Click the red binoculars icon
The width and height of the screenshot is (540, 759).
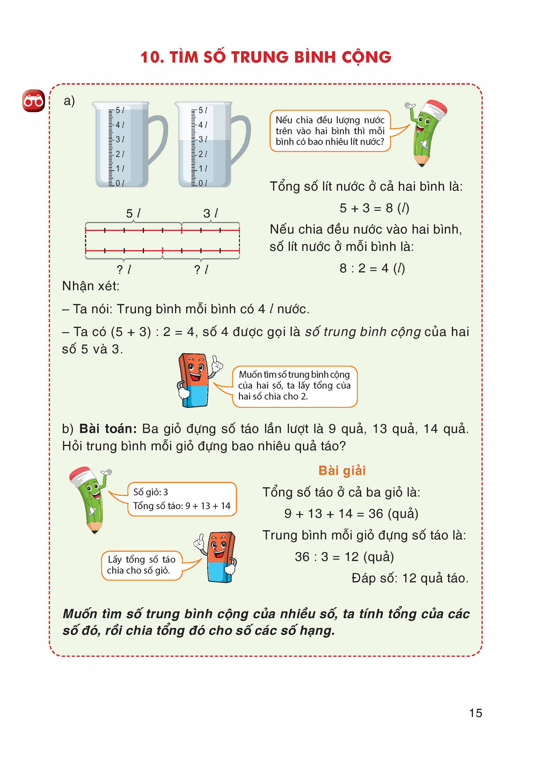pyautogui.click(x=33, y=101)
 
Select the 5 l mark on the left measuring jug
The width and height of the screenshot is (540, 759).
pyautogui.click(x=119, y=110)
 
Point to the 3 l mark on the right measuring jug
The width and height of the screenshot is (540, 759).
pyautogui.click(x=202, y=139)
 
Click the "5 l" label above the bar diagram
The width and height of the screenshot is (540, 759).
pyautogui.click(x=133, y=213)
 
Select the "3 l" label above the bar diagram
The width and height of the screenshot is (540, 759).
pyautogui.click(x=210, y=213)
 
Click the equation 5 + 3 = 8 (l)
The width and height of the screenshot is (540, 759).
pyautogui.click(x=374, y=208)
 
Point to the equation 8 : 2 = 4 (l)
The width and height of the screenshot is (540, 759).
pyautogui.click(x=372, y=268)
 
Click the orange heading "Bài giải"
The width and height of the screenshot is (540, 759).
pyautogui.click(x=342, y=470)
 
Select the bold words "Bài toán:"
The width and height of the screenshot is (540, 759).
pyautogui.click(x=108, y=428)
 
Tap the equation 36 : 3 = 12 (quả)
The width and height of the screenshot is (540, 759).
pyautogui.click(x=344, y=557)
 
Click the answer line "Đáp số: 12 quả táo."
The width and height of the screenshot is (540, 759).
pyautogui.click(x=410, y=578)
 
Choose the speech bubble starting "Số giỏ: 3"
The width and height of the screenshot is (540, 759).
pyautogui.click(x=182, y=499)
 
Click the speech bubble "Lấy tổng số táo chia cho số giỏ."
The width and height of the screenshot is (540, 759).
pyautogui.click(x=142, y=565)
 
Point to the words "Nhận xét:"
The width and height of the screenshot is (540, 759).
pyautogui.click(x=91, y=286)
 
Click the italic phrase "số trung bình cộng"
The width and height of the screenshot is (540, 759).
pyautogui.click(x=363, y=332)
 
